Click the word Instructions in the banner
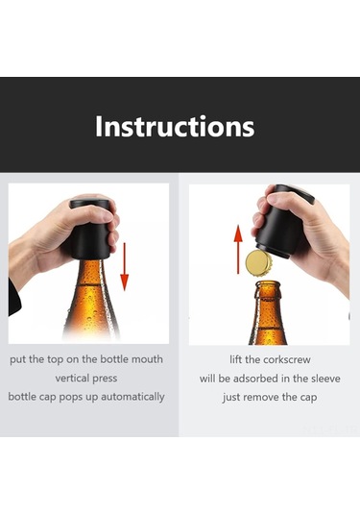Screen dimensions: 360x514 (x=175, y=127)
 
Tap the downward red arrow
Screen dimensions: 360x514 (x=124, y=266)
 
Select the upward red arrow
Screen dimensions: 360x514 (x=238, y=250)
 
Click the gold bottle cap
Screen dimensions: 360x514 (x=259, y=263)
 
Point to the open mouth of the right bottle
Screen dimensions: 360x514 (x=268, y=282)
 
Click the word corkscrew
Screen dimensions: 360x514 (x=287, y=359)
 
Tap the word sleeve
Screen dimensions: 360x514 (x=325, y=379)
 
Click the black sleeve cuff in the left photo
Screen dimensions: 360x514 (x=13, y=297)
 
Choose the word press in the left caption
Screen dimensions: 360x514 (x=105, y=379)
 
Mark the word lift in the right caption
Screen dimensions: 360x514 (x=235, y=359)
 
